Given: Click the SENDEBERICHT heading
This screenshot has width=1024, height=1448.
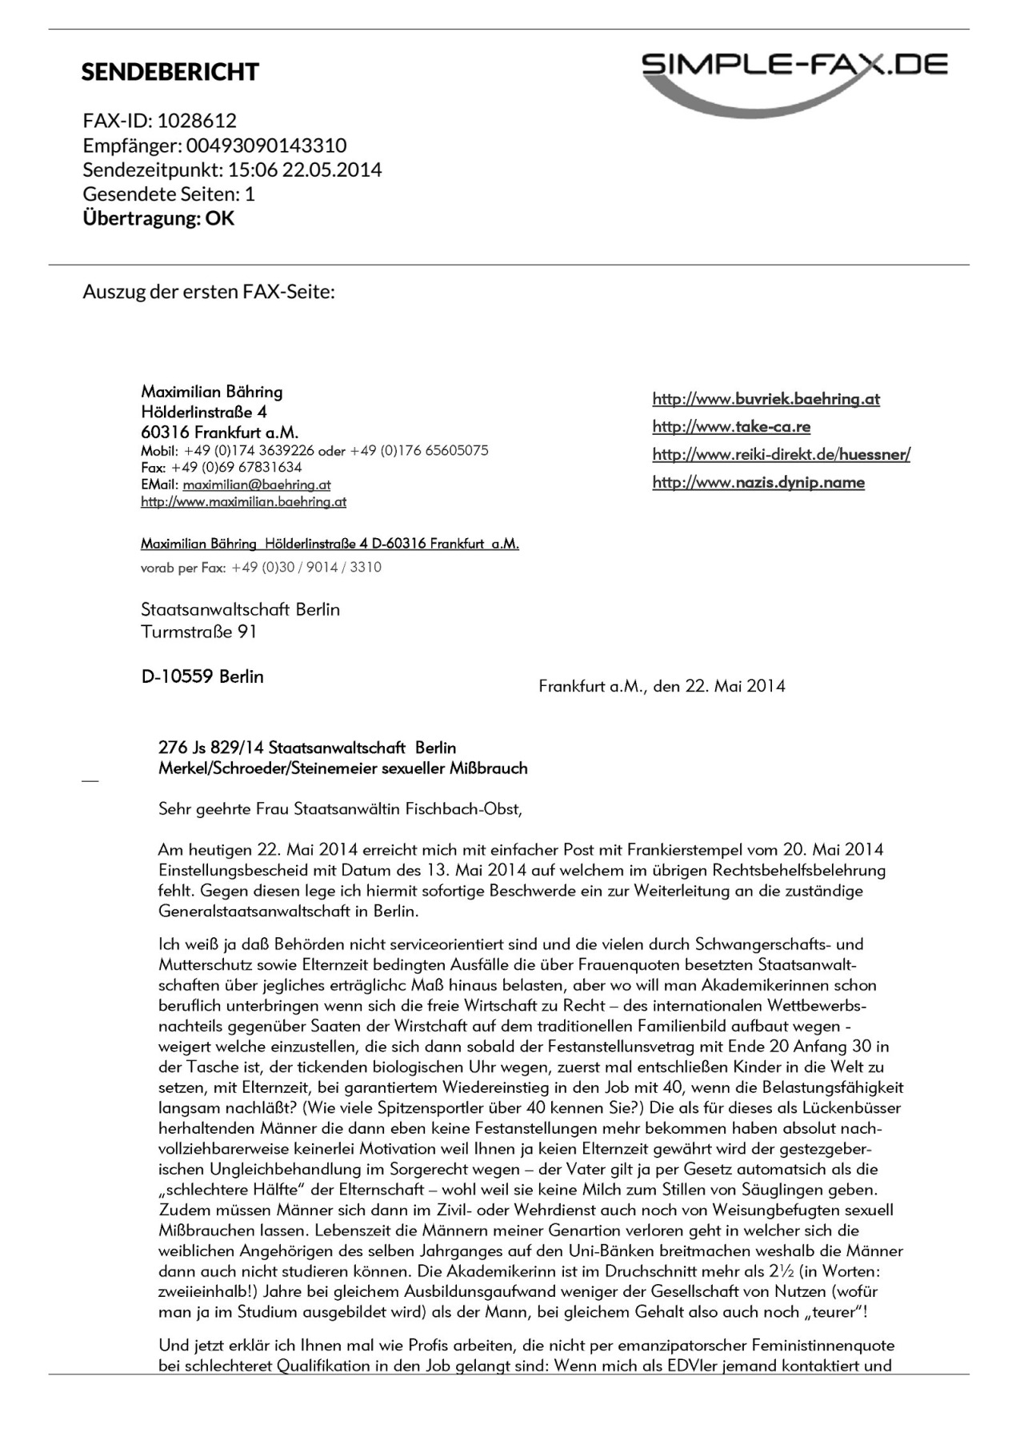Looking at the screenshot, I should [x=170, y=72].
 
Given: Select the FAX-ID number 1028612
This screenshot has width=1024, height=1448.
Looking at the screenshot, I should [x=197, y=121].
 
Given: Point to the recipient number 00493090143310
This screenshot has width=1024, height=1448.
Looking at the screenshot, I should [x=266, y=146].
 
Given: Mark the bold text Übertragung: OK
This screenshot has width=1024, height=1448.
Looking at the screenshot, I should [x=158, y=218].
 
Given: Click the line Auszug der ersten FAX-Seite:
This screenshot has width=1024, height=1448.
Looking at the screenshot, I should [x=209, y=291].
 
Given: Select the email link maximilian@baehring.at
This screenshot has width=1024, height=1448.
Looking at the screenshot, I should [x=256, y=485].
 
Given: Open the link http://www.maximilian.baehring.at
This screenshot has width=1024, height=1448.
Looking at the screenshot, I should [x=243, y=502].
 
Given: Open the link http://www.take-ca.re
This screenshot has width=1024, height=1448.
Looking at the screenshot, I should [x=731, y=427].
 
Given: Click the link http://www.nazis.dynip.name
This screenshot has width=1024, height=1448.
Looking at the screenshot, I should [x=758, y=482].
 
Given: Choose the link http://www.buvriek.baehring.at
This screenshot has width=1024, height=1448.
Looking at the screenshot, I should [x=766, y=399].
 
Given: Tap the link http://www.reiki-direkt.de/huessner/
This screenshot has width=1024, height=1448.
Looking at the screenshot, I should [x=781, y=455].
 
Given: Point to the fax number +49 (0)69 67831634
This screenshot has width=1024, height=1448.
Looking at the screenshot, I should [x=236, y=467].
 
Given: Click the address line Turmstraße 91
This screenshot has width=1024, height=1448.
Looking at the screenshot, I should [x=198, y=632].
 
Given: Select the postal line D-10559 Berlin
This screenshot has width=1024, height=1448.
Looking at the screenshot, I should [x=202, y=676].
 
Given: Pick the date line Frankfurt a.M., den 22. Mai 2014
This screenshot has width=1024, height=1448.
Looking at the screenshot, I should [x=662, y=686].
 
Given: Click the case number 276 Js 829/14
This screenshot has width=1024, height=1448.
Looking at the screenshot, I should [x=211, y=748].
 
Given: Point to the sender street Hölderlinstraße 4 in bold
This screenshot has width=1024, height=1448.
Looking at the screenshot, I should [x=203, y=413].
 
